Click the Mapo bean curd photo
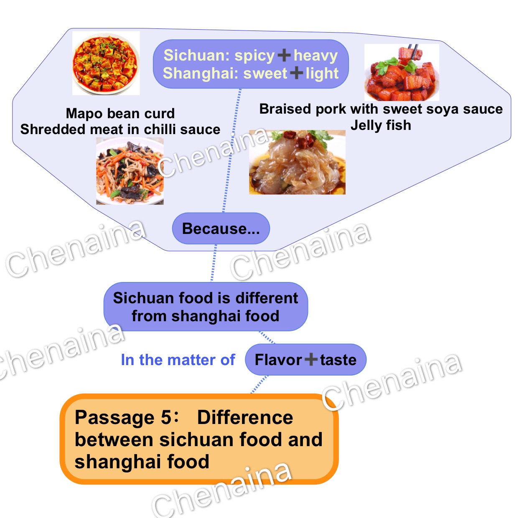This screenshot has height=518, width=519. pyautogui.click(x=106, y=63)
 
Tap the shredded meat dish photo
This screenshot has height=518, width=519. pyautogui.click(x=130, y=171)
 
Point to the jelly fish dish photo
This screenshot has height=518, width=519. pyautogui.click(x=297, y=162)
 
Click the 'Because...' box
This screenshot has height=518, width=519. pyautogui.click(x=221, y=229)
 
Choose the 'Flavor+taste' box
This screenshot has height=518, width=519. pyautogui.click(x=305, y=360)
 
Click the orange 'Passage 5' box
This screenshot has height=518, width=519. pyautogui.click(x=199, y=439)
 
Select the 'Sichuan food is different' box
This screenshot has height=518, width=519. pyautogui.click(x=205, y=307)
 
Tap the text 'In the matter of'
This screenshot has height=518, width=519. pyautogui.click(x=178, y=360)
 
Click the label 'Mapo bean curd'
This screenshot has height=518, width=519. pyautogui.click(x=120, y=113)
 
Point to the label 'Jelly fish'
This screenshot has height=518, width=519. pyautogui.click(x=381, y=125)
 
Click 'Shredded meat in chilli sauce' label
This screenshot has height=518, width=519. pyautogui.click(x=120, y=129)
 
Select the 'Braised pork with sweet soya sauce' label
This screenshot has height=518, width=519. pyautogui.click(x=381, y=109)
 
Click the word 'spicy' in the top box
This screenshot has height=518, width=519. pyautogui.click(x=254, y=55)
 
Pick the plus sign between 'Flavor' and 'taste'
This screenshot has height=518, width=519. pyautogui.click(x=311, y=359)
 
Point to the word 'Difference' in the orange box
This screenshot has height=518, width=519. pyautogui.click(x=245, y=417)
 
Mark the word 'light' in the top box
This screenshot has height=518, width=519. pyautogui.click(x=322, y=73)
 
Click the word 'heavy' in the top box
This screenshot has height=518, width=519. pyautogui.click(x=315, y=55)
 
